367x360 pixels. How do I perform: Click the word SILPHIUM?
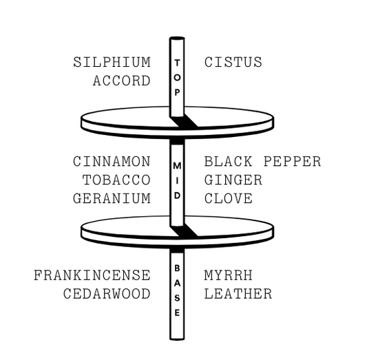(112, 62)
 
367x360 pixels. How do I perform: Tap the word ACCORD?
(121, 81)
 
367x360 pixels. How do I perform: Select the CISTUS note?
(233, 62)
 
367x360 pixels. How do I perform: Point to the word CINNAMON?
(112, 161)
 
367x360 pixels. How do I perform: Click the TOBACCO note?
(116, 180)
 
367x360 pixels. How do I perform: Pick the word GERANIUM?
(112, 199)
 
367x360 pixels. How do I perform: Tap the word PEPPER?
(293, 161)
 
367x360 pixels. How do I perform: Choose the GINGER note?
(233, 180)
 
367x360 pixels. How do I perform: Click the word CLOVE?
(229, 199)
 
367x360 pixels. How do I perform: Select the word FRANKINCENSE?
(92, 275)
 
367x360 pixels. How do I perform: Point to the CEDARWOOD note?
(107, 294)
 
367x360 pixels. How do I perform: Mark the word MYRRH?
(229, 275)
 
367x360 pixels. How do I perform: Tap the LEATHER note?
(238, 294)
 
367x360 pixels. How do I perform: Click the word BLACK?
(229, 161)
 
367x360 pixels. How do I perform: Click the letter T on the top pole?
(177, 63)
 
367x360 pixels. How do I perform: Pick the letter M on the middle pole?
(177, 166)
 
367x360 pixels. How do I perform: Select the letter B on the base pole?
(177, 268)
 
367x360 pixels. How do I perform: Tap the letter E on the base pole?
(177, 313)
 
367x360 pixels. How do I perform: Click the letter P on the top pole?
(177, 93)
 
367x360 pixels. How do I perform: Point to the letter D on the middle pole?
(177, 195)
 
